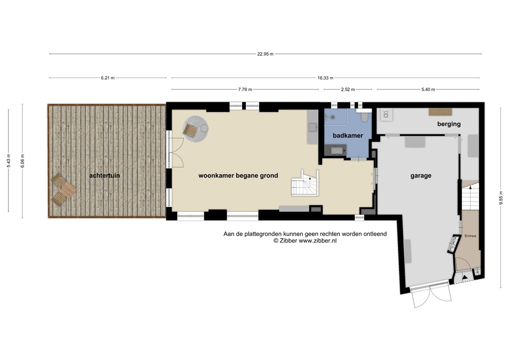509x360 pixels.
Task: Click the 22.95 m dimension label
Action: (265, 54)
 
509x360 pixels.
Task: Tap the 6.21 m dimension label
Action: (108, 78)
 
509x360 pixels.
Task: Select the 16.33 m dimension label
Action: (325, 78)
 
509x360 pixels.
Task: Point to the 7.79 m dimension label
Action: (245, 90)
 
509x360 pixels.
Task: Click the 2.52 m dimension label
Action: (347, 90)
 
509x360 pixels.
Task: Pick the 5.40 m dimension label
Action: (428, 90)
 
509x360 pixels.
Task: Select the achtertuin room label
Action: (104, 176)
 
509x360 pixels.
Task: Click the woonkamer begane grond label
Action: (238, 176)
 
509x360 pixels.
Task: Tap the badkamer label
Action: (347, 136)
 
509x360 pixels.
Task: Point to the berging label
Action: (449, 124)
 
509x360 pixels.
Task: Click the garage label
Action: (421, 176)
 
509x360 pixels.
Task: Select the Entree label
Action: (470, 236)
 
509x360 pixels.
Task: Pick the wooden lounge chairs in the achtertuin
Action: (63, 191)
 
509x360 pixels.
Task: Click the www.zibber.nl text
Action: (318, 241)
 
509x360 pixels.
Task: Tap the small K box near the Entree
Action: (477, 272)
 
